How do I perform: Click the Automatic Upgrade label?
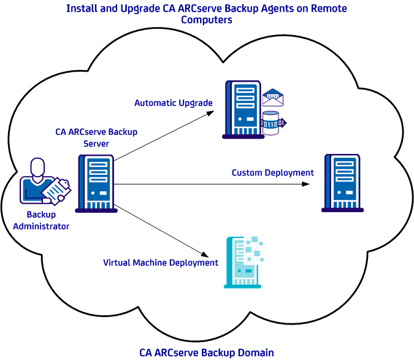click(x=174, y=103)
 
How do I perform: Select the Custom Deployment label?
click(x=272, y=173)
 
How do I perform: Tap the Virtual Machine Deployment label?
click(x=161, y=262)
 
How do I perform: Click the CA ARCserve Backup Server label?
click(x=96, y=137)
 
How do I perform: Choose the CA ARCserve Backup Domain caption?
click(x=206, y=352)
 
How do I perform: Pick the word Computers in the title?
click(x=207, y=20)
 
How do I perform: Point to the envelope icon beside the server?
click(x=272, y=98)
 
